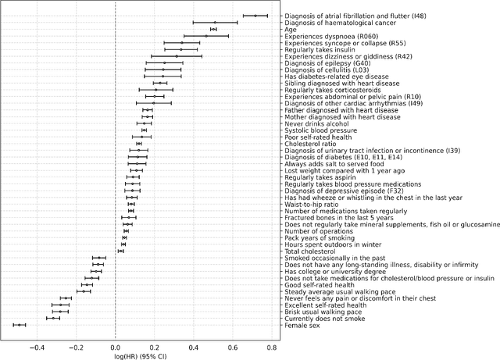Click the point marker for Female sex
(x=20, y=324)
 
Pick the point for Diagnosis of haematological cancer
(x=215, y=23)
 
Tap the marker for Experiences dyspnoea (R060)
(x=206, y=36)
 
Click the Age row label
(x=291, y=29)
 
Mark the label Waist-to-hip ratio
(x=312, y=205)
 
